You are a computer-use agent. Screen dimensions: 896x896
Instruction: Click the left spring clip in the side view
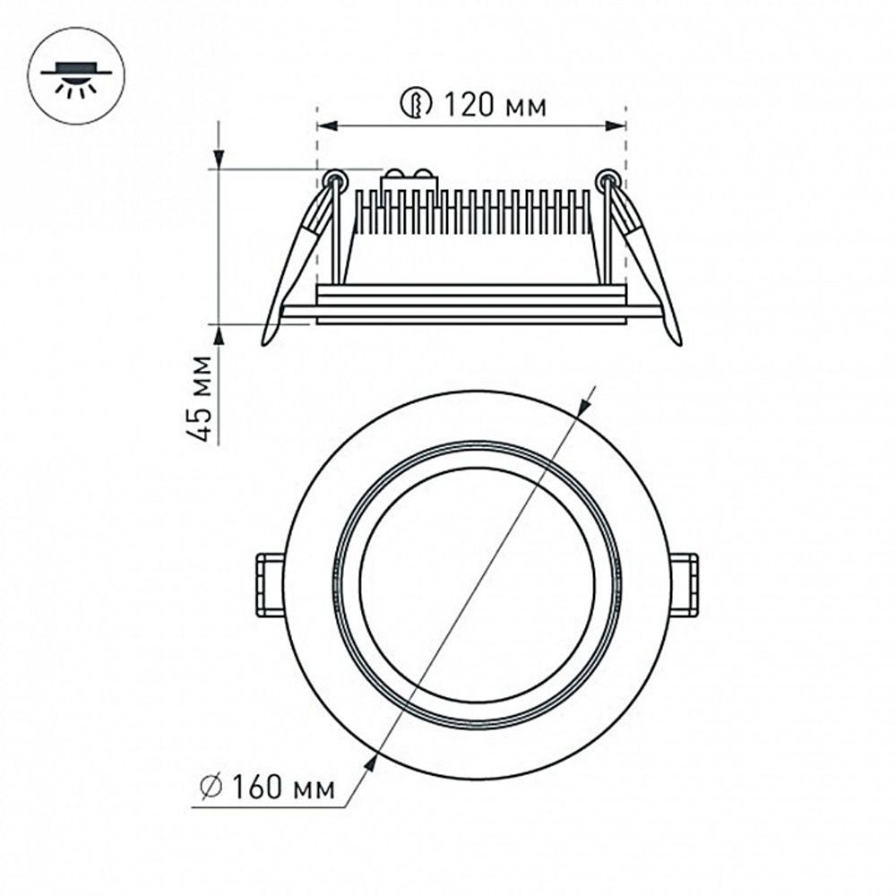[x=295, y=260]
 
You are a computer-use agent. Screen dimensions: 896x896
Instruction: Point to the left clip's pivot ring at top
[x=334, y=178]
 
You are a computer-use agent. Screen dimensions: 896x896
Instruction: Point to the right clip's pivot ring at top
[x=608, y=178]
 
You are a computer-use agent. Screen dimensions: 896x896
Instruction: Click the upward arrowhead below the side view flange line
[x=219, y=334]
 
